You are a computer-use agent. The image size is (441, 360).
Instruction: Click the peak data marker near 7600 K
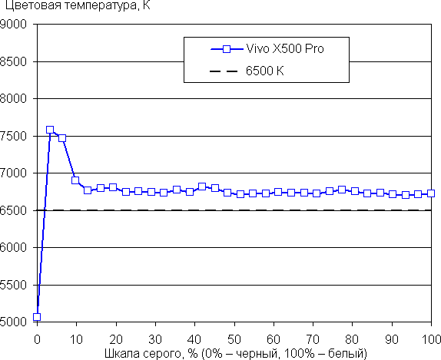[50, 130]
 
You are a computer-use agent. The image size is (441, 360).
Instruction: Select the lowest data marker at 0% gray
[37, 317]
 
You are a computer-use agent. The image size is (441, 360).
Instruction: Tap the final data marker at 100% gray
[431, 193]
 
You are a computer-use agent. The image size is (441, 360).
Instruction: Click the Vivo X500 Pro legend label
[285, 49]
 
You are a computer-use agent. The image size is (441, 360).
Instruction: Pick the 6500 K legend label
[264, 71]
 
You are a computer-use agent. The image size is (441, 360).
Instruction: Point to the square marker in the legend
[227, 49]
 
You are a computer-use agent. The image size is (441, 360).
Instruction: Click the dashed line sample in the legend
[224, 71]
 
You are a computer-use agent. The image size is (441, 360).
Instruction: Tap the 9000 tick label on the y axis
[14, 24]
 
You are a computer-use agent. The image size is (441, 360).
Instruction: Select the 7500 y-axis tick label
[14, 136]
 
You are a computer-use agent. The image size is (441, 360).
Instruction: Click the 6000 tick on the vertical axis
[14, 247]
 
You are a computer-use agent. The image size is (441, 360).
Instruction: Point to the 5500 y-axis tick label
[14, 285]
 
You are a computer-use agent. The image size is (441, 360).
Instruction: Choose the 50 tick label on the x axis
[234, 339]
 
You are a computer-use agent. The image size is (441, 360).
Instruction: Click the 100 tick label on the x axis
[431, 339]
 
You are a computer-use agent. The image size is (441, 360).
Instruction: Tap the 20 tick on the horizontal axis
[116, 339]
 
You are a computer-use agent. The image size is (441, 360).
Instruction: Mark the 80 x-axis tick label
[352, 339]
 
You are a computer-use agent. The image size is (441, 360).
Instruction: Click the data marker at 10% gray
[75, 180]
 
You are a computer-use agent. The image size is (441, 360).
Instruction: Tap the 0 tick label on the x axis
[37, 339]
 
